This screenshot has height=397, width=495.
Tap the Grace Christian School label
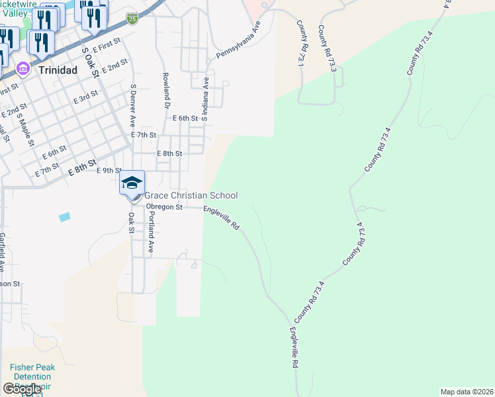coord(191,195)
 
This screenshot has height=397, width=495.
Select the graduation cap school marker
coord(132,183)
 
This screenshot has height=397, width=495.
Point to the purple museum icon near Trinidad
coord(22,68)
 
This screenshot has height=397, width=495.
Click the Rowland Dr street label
coord(167,91)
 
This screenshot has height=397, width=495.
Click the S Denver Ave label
coord(133,105)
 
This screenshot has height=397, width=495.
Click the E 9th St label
coord(109,170)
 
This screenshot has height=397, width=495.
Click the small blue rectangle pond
coord(64,217)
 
